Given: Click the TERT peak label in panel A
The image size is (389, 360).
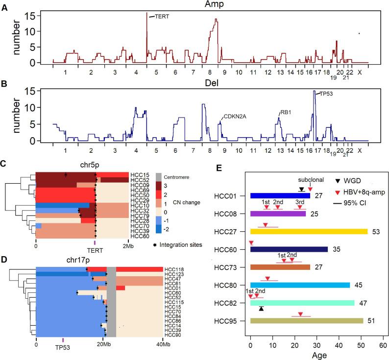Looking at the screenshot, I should click(162, 16).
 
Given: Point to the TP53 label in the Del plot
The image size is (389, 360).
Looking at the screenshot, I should click(322, 93).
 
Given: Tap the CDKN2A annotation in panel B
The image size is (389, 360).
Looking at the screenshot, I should click(235, 116).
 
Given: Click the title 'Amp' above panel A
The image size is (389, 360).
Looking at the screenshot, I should click(210, 4).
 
